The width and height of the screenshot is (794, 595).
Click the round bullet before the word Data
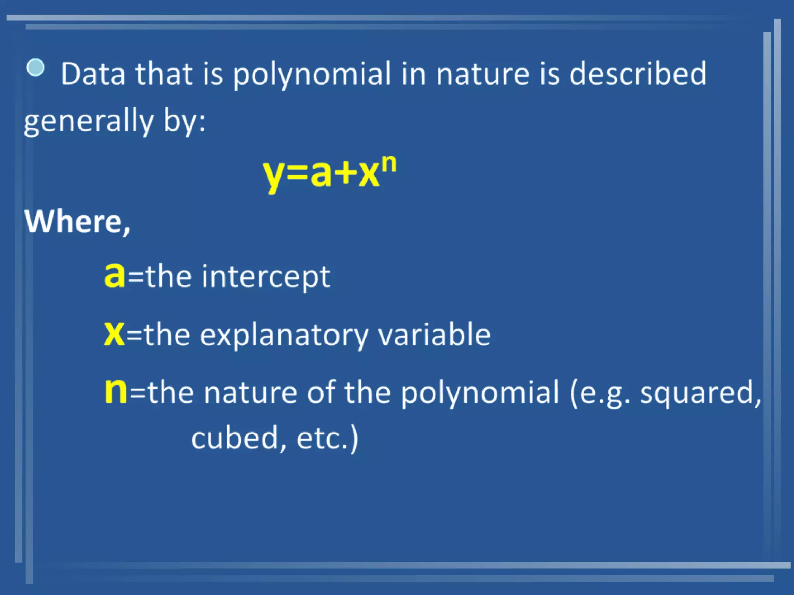36,67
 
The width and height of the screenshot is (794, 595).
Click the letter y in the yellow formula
274,175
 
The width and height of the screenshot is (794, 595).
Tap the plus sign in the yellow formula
345,174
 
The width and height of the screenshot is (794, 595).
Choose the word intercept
266,277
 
